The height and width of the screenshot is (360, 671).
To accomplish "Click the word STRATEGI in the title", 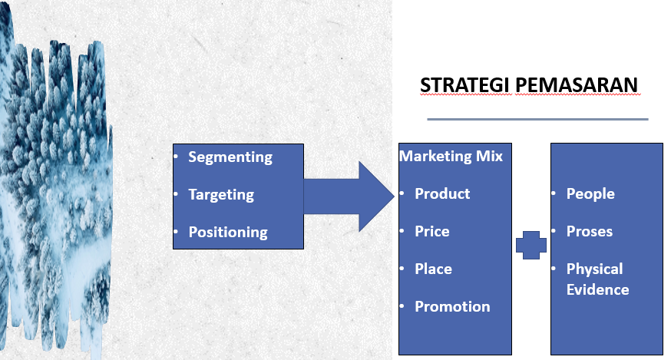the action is tap(465, 84).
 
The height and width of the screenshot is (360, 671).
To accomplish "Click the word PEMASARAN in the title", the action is tap(577, 84).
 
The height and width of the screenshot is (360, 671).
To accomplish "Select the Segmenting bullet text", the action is tap(230, 157).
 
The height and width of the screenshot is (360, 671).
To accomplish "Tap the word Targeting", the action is tap(221, 195).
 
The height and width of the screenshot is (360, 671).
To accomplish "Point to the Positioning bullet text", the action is tap(228, 232).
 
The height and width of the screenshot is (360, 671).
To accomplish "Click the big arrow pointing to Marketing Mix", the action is tap(349, 197).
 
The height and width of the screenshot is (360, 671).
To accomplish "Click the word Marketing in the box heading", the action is tap(435, 157).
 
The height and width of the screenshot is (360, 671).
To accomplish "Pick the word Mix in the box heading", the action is tap(489, 156).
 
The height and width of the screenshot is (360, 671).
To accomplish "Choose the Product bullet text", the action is tap(442, 194).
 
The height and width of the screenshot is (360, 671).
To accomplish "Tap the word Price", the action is tap(431, 232).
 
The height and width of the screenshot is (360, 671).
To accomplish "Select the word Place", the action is tap(433, 269).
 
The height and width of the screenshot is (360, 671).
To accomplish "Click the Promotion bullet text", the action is tap(452, 306).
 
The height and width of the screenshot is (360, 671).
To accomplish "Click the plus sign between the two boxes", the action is tap(531, 246).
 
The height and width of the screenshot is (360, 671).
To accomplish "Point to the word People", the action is tap(590, 194).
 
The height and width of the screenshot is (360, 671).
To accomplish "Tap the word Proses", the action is tap(590, 232).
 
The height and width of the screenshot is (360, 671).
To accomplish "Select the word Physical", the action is tap(594, 269).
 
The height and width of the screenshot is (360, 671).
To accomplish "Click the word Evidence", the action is tap(597, 290).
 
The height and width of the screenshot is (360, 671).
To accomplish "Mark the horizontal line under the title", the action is tap(537, 119).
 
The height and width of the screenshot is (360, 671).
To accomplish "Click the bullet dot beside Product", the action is tap(402, 193).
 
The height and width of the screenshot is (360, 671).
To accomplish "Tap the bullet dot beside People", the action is tap(554, 193).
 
